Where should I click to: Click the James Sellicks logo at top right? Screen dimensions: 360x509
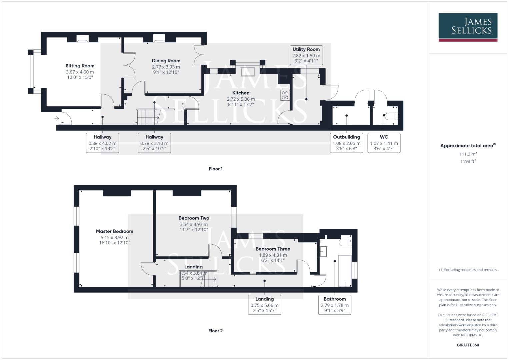click(x=468, y=27)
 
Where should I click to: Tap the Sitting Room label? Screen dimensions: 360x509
click(x=80, y=66)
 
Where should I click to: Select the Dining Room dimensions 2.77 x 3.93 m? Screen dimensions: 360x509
click(x=166, y=67)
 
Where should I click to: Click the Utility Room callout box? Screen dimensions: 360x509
click(x=306, y=55)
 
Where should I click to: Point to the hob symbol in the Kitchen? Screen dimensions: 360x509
click(x=285, y=95)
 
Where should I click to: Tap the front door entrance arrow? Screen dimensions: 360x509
click(x=57, y=118)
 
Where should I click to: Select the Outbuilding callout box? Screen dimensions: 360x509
click(x=346, y=143)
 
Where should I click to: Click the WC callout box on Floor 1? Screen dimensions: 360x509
click(x=384, y=143)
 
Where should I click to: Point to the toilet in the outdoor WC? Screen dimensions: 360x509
click(x=390, y=116)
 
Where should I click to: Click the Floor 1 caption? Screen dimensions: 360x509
click(x=216, y=169)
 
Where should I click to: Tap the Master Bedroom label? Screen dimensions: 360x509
click(x=114, y=231)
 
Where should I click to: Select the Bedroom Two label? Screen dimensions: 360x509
click(x=194, y=218)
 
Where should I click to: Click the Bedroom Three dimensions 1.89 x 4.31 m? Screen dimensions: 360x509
click(x=273, y=255)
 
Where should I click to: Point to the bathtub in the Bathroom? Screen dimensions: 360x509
click(x=345, y=271)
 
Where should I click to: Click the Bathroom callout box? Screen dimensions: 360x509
click(x=335, y=305)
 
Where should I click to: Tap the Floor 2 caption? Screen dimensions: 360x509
click(x=215, y=331)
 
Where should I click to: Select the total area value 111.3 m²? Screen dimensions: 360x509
click(x=468, y=154)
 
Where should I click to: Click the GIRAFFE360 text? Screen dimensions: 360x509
click(x=468, y=345)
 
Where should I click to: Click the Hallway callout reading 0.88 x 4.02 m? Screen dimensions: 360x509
click(x=102, y=143)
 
